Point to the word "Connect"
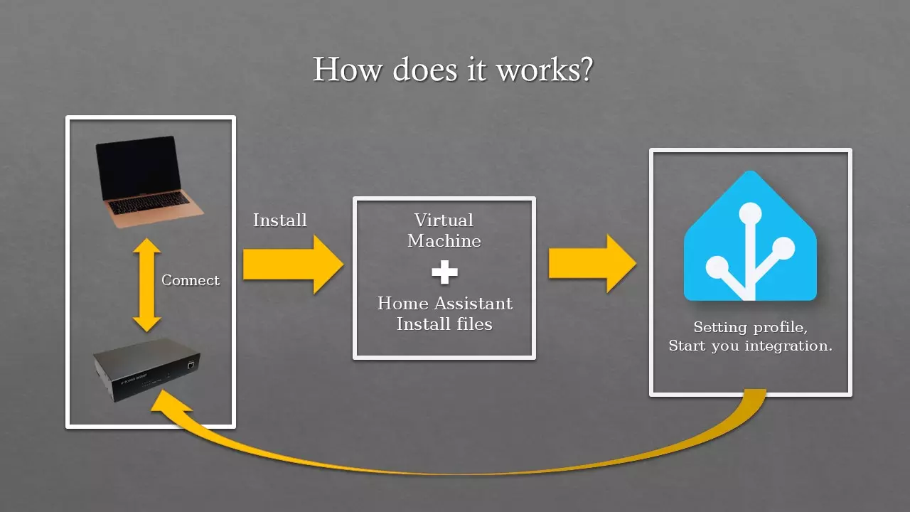coord(191,280)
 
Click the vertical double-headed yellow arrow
coord(146,284)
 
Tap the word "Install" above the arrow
coord(280,220)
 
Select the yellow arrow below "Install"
coord(291,265)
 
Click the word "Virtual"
coord(444,220)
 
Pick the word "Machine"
coord(444,241)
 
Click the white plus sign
coord(444,272)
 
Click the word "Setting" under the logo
coord(720,328)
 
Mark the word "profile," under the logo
coord(781,329)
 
